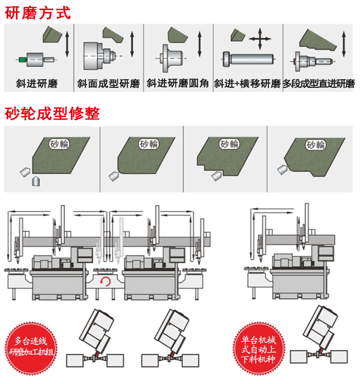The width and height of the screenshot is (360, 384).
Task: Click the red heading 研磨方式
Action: (38, 12)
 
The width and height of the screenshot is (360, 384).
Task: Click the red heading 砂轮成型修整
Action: (52, 114)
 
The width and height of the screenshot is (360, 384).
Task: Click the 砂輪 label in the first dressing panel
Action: (59, 143)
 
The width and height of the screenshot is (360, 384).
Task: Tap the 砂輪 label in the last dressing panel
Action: (315, 144)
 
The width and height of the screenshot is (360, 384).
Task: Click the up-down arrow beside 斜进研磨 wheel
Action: (68, 44)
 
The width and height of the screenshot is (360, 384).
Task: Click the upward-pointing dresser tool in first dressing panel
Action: (35, 181)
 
